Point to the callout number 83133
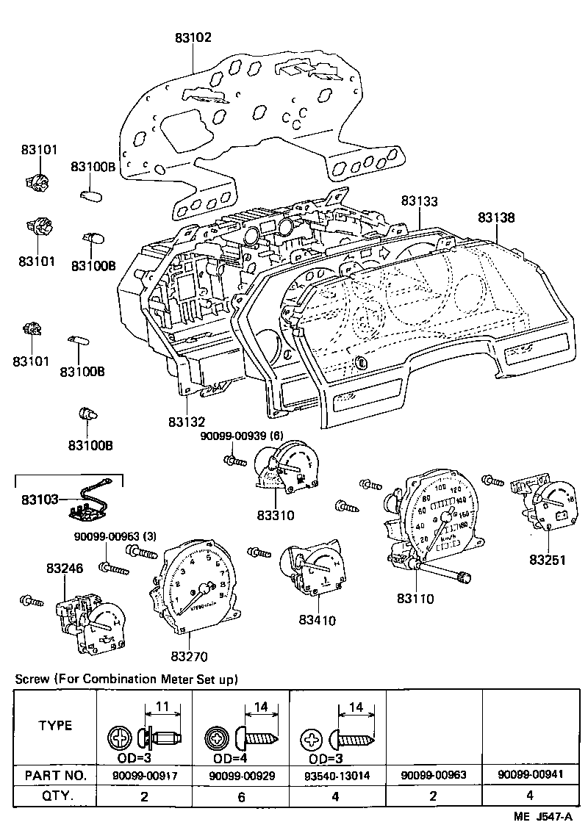(x=419, y=201)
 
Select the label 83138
(x=496, y=217)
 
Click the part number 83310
(x=276, y=515)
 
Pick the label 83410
(x=317, y=620)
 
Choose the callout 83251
(x=548, y=560)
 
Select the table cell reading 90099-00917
(x=144, y=774)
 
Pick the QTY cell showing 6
(x=240, y=796)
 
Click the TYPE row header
(x=56, y=726)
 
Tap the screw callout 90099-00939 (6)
(x=242, y=436)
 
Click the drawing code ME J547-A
(x=543, y=817)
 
